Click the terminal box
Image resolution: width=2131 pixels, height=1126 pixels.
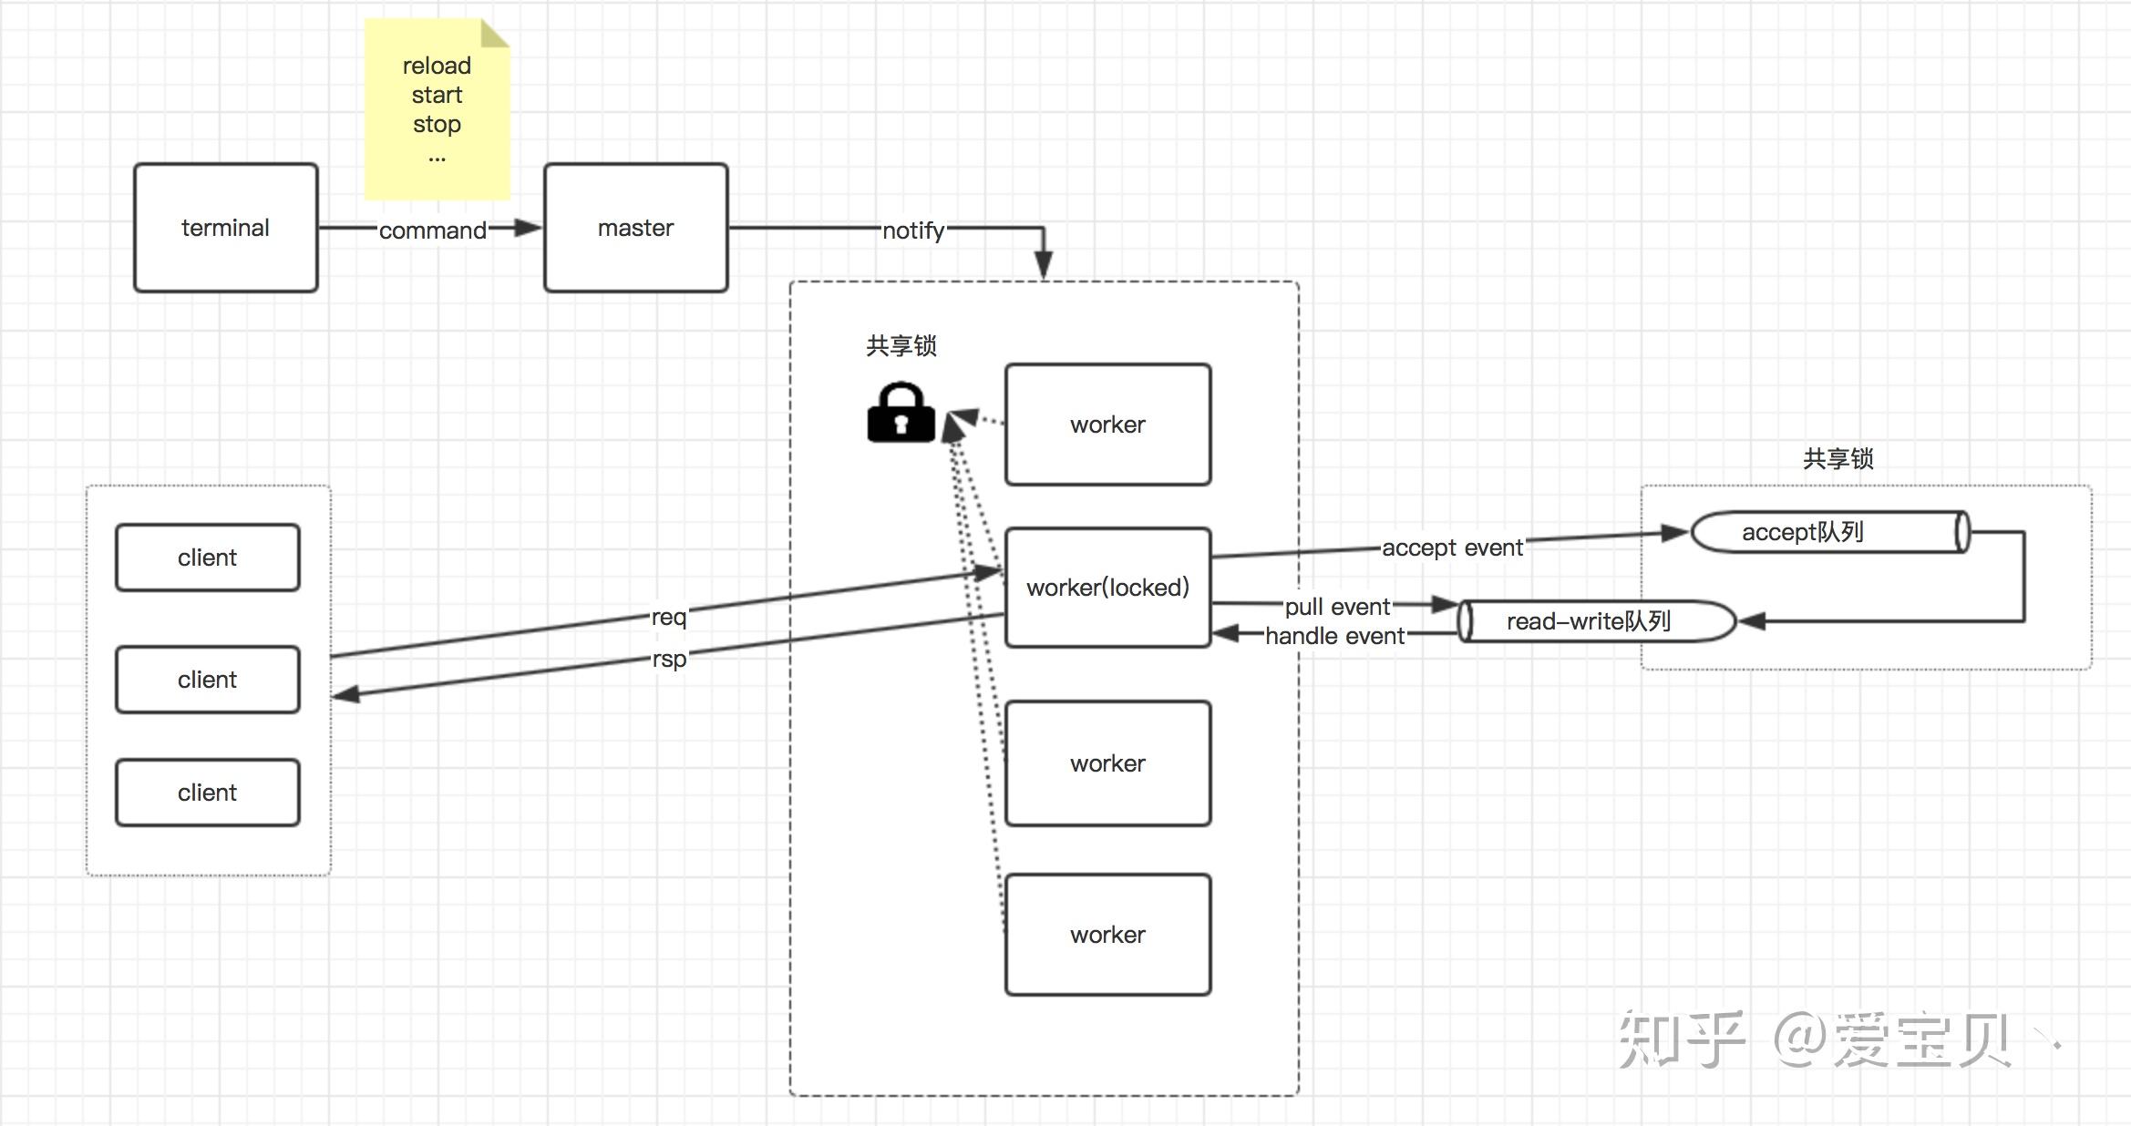[x=225, y=228]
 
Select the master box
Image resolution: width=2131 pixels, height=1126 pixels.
[x=635, y=228]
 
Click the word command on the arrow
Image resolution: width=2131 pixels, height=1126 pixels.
[x=432, y=230]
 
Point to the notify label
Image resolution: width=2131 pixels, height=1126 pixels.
[x=912, y=230]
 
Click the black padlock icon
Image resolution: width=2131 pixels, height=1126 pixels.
[x=901, y=414]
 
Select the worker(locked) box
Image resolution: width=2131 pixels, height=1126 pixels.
[x=1107, y=588]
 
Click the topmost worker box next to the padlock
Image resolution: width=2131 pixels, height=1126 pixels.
[x=1107, y=425]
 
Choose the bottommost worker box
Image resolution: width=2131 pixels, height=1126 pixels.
[x=1107, y=935]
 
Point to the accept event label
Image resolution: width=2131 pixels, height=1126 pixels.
[x=1452, y=548]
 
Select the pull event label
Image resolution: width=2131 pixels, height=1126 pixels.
[x=1337, y=607]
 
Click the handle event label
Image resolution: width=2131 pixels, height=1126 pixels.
[x=1334, y=636]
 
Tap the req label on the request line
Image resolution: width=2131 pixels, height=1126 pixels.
[x=668, y=617]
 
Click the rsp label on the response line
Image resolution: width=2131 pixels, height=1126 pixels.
[x=668, y=659]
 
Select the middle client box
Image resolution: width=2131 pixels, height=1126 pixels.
[x=207, y=680]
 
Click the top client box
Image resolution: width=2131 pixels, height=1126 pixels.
[x=207, y=558]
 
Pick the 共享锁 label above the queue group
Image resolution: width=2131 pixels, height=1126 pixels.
[x=1838, y=458]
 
